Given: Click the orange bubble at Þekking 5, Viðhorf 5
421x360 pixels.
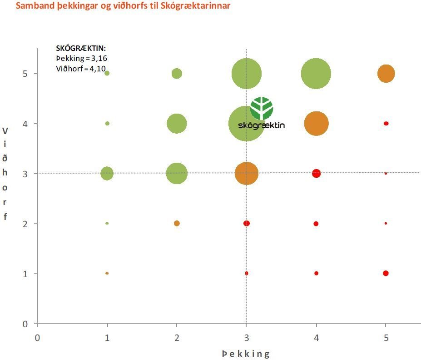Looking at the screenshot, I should point(386,73).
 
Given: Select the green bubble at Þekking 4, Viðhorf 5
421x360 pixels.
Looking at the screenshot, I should point(316,73).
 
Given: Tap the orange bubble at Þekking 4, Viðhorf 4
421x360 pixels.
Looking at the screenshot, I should point(316,123).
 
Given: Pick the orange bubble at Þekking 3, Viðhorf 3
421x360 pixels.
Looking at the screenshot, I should point(247,174).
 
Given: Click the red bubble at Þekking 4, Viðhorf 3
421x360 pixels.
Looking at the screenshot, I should point(316,173).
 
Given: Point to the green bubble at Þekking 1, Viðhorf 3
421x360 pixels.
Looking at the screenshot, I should point(107,173).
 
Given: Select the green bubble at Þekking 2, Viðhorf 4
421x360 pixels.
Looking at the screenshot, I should point(177,123).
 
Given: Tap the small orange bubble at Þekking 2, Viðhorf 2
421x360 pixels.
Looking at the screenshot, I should point(177,223).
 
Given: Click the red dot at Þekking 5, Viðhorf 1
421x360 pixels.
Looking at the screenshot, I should point(386,273).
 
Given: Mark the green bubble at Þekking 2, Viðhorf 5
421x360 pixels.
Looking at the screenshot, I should point(177,73).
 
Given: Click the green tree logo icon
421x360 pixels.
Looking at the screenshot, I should point(262,108).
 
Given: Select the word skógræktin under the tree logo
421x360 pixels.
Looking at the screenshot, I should point(262,125).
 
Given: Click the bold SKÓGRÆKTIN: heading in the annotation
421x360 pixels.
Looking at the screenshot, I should point(81,49).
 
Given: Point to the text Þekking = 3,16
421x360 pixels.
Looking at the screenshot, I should point(81,58).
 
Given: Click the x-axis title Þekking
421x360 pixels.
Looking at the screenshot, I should point(246,354).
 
